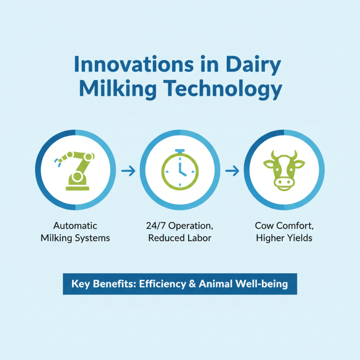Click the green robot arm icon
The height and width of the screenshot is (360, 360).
pyautogui.click(x=75, y=170)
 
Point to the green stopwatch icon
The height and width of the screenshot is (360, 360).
pyautogui.click(x=180, y=170)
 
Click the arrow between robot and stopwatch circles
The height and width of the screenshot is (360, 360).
pyautogui.click(x=128, y=171)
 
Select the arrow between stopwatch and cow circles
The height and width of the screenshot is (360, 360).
pyautogui.click(x=232, y=171)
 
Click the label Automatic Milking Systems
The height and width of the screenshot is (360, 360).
pyautogui.click(x=75, y=232)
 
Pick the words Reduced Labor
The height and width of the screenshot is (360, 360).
pyautogui.click(x=180, y=238)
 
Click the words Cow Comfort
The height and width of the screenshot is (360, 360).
pyautogui.click(x=283, y=225)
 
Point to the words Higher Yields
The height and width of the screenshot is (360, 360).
pyautogui.click(x=283, y=238)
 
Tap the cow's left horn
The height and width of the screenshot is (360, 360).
pyautogui.click(x=267, y=155)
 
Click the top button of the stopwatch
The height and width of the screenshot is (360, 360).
pyautogui.click(x=180, y=150)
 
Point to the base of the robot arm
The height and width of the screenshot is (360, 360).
pyautogui.click(x=77, y=183)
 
